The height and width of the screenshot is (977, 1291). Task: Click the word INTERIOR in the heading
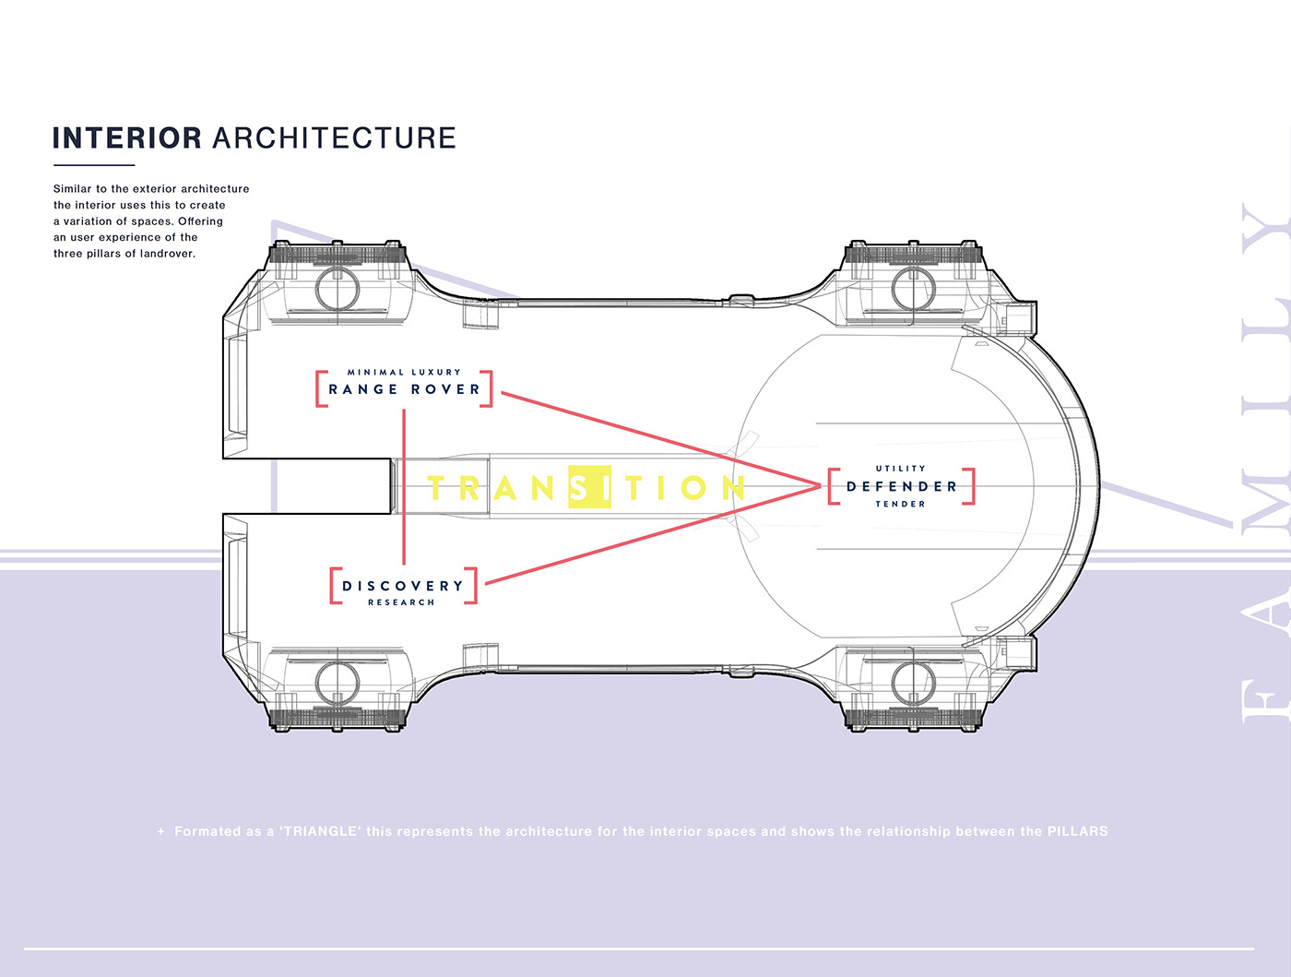click(x=126, y=138)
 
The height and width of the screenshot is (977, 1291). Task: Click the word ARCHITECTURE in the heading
click(x=335, y=138)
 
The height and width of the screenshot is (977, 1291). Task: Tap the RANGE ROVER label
click(x=405, y=389)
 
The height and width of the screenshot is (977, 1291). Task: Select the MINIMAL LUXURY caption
click(x=404, y=372)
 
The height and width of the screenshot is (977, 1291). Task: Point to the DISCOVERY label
click(x=403, y=586)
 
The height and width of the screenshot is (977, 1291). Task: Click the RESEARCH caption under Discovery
click(x=401, y=602)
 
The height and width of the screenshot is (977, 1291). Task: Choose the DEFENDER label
click(x=901, y=486)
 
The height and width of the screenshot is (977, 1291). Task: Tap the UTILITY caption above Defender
click(x=901, y=469)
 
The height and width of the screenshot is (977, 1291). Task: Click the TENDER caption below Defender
click(x=900, y=504)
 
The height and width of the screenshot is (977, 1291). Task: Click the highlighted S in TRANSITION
click(x=588, y=486)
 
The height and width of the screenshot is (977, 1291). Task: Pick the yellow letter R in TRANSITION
click(x=468, y=487)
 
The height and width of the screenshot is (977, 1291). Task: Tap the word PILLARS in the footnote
click(x=1077, y=831)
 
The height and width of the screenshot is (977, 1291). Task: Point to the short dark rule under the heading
click(x=94, y=165)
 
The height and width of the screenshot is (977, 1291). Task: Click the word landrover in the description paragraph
click(x=167, y=254)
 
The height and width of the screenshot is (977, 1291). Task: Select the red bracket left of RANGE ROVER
click(x=320, y=388)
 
